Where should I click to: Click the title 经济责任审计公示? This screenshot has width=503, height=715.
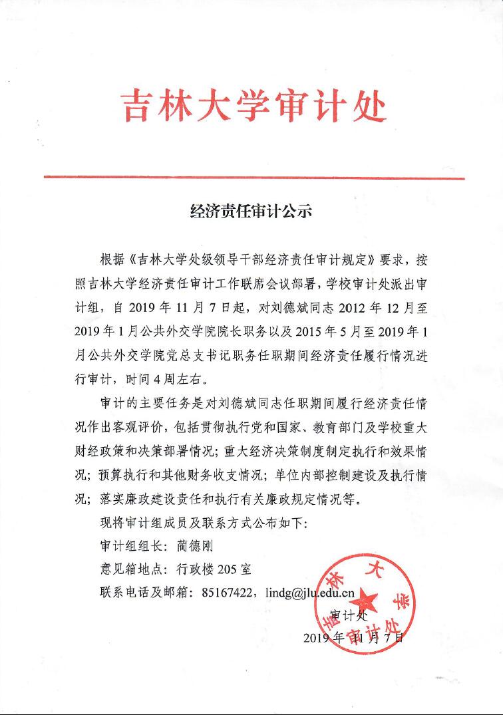251,213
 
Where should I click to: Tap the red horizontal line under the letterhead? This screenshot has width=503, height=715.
253,178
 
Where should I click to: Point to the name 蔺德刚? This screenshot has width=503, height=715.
198,546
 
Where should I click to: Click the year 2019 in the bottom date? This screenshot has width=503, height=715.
317,638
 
